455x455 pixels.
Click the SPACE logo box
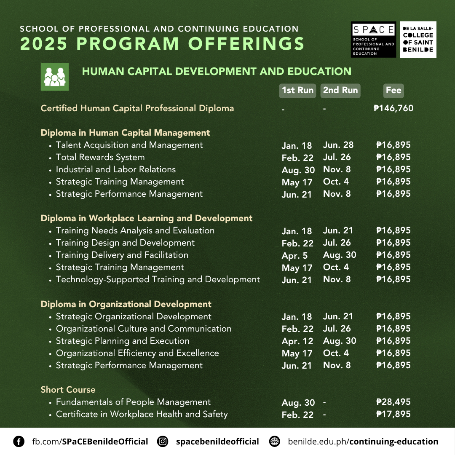(x=373, y=39)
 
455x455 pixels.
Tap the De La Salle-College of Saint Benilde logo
(x=418, y=39)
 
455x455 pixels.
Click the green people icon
(x=54, y=77)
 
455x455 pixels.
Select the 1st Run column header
(x=297, y=90)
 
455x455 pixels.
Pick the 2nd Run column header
(x=340, y=90)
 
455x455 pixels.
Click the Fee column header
(x=393, y=90)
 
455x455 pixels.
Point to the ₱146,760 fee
(x=393, y=108)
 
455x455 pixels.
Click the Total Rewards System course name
(x=100, y=157)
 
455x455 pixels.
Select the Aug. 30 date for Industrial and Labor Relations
(x=298, y=170)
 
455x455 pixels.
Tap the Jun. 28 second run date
(x=338, y=145)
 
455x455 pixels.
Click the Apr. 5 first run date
(x=295, y=255)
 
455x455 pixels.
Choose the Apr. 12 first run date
(x=297, y=341)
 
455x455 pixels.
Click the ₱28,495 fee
(x=393, y=402)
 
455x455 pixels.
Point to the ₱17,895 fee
(x=393, y=414)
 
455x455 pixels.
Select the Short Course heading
(x=68, y=390)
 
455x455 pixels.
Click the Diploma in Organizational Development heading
(x=126, y=304)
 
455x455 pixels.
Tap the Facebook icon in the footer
(x=19, y=442)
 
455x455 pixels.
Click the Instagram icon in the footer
(x=163, y=442)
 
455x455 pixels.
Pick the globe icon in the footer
(x=275, y=442)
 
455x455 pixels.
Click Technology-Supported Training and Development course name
(x=158, y=279)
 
